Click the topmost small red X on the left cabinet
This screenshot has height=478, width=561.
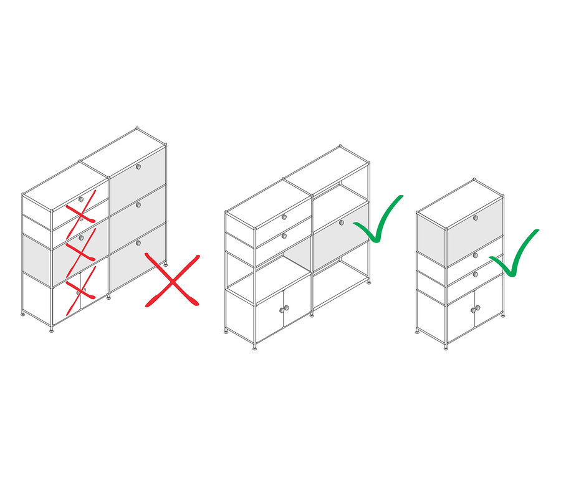81,208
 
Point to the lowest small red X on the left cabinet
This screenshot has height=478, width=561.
80,288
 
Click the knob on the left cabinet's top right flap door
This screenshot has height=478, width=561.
138,167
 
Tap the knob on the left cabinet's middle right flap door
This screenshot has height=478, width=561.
138,204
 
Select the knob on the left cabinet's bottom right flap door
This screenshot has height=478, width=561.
138,242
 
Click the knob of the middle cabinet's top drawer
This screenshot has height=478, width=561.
284,217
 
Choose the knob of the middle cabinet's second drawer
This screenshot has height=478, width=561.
284,235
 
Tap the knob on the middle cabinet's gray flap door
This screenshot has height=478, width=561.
342,222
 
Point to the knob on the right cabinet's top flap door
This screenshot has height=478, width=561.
475,217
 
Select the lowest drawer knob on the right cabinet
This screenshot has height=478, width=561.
475,273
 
